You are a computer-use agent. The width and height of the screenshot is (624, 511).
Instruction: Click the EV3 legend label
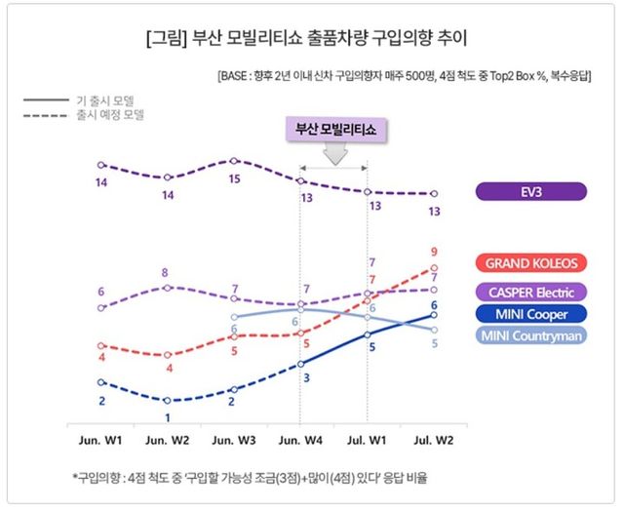[x=531, y=192]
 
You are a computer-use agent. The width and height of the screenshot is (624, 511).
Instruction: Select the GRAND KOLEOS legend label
[x=531, y=263]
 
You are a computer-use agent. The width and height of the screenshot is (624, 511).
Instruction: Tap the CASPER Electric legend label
[x=531, y=292]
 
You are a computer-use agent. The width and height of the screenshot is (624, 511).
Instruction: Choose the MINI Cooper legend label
[x=531, y=314]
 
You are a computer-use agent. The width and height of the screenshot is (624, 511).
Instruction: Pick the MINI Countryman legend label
[x=531, y=336]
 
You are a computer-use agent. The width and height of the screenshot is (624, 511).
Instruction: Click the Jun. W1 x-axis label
[x=100, y=441]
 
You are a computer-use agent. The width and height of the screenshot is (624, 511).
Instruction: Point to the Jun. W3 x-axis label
[x=234, y=441]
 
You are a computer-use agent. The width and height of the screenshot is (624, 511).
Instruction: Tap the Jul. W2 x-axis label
[x=434, y=441]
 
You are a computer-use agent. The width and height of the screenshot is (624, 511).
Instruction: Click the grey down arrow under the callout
[x=334, y=154]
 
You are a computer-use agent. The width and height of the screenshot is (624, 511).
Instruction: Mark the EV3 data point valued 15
[x=234, y=161]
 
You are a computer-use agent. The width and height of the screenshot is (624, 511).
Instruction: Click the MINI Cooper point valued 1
[x=168, y=401]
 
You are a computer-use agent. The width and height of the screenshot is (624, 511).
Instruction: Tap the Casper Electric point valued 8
[x=168, y=287]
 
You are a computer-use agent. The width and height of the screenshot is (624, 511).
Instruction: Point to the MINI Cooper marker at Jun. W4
[x=301, y=364]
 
